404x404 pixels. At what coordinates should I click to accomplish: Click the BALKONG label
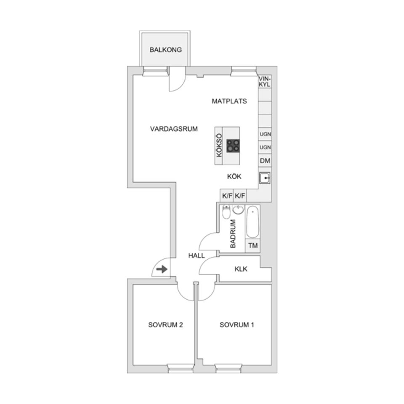pos(165,50)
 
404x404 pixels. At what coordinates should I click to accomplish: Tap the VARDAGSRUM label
pos(173,129)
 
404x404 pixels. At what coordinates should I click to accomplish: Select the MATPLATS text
pos(229,101)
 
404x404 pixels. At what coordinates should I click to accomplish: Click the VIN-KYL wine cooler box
pos(264,81)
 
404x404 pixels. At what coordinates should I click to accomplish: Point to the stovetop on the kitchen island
pos(234,146)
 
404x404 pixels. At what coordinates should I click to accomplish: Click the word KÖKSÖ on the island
pos(219,146)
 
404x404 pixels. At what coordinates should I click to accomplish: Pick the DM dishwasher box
pos(265,161)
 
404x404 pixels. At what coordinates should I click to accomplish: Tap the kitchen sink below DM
pos(265,178)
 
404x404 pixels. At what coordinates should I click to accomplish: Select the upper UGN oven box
pos(265,135)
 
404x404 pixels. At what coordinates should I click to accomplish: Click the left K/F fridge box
pos(227,196)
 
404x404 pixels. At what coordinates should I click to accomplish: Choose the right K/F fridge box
pos(240,196)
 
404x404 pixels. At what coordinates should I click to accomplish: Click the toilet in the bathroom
pos(226,213)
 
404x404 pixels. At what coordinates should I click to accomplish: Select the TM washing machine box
pos(253,246)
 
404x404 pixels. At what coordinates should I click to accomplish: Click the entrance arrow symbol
pos(162,269)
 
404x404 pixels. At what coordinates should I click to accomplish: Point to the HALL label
pos(197,255)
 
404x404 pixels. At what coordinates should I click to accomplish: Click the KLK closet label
pos(241,269)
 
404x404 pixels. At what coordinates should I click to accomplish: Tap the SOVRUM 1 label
pos(237,325)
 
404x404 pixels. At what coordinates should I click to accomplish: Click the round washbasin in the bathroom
pos(239,210)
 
